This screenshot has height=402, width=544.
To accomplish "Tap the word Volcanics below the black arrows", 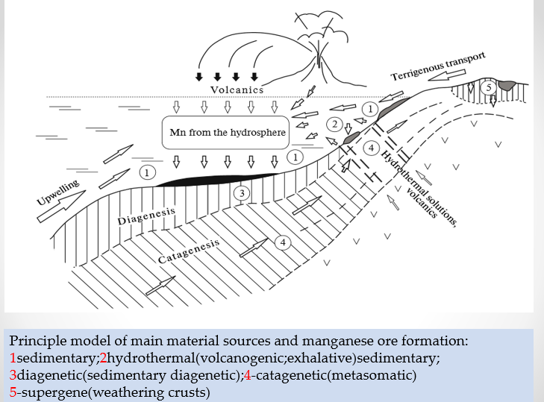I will click(237, 90).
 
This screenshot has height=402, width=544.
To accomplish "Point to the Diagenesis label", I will click(146, 217).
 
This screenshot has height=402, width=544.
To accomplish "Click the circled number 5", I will click(488, 87).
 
